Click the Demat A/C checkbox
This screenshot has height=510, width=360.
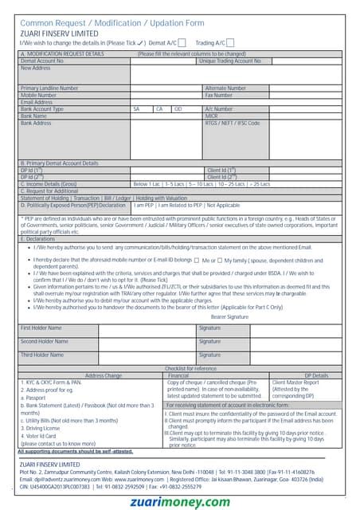click(182, 42)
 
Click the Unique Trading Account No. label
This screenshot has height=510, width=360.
click(230, 61)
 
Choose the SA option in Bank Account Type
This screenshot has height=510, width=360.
click(137, 109)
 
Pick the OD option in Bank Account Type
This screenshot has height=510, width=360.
click(178, 109)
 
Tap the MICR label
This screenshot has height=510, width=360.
click(212, 116)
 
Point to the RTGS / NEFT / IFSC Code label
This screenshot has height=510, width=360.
click(232, 124)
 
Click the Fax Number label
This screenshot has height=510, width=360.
click(219, 95)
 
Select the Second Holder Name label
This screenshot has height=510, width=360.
click(41, 341)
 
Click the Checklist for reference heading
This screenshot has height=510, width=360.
click(190, 368)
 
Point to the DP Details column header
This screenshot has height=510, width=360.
click(316, 375)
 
